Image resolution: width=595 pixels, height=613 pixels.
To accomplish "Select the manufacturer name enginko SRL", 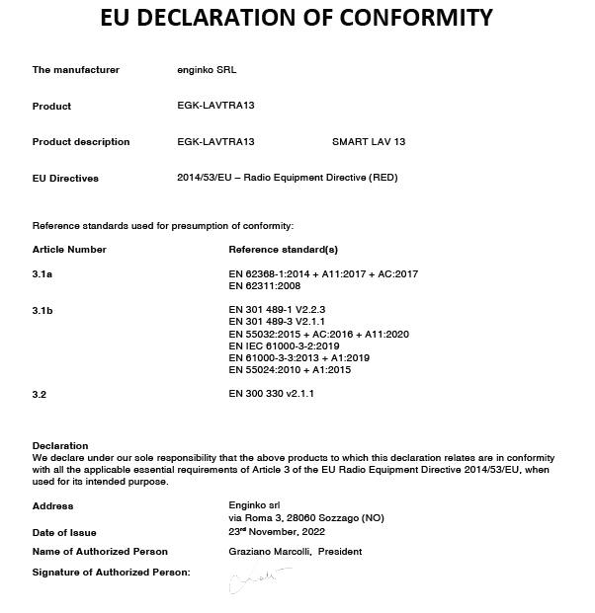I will (x=206, y=70).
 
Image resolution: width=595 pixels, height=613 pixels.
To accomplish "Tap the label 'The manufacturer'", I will (x=76, y=70).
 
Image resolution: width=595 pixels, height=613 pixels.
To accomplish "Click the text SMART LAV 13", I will (x=369, y=142).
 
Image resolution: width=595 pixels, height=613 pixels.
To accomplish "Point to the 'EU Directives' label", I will (x=65, y=179).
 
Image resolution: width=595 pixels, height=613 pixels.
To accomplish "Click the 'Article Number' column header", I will (x=69, y=250).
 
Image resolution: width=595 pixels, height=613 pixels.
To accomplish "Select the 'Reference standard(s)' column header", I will (x=283, y=250).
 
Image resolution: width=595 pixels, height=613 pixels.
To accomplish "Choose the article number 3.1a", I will (x=42, y=273).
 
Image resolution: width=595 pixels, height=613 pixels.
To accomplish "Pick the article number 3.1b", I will (x=42, y=310).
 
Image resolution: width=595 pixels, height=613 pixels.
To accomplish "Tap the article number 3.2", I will (x=40, y=394).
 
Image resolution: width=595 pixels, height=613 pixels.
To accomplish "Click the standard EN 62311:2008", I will (x=264, y=286).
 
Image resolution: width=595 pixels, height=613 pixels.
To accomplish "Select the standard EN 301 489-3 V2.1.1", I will (x=277, y=322).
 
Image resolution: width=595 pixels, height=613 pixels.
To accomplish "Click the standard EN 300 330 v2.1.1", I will (x=278, y=394).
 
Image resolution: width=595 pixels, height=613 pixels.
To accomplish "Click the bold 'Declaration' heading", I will (x=60, y=446).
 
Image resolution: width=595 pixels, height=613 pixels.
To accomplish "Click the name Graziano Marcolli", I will (x=266, y=552).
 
